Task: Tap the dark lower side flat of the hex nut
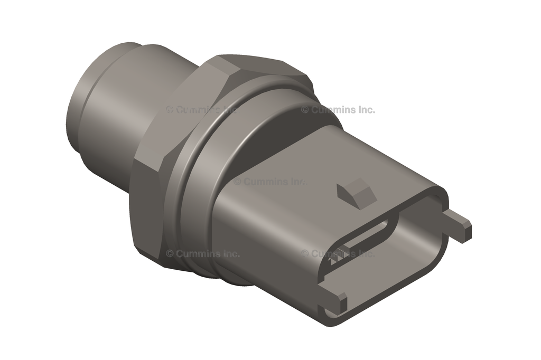145,211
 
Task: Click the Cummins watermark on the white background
338,110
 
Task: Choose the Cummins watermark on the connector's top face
269,181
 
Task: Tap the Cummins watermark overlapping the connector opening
338,253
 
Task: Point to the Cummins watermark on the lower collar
203,253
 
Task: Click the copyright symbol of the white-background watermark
305,110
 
